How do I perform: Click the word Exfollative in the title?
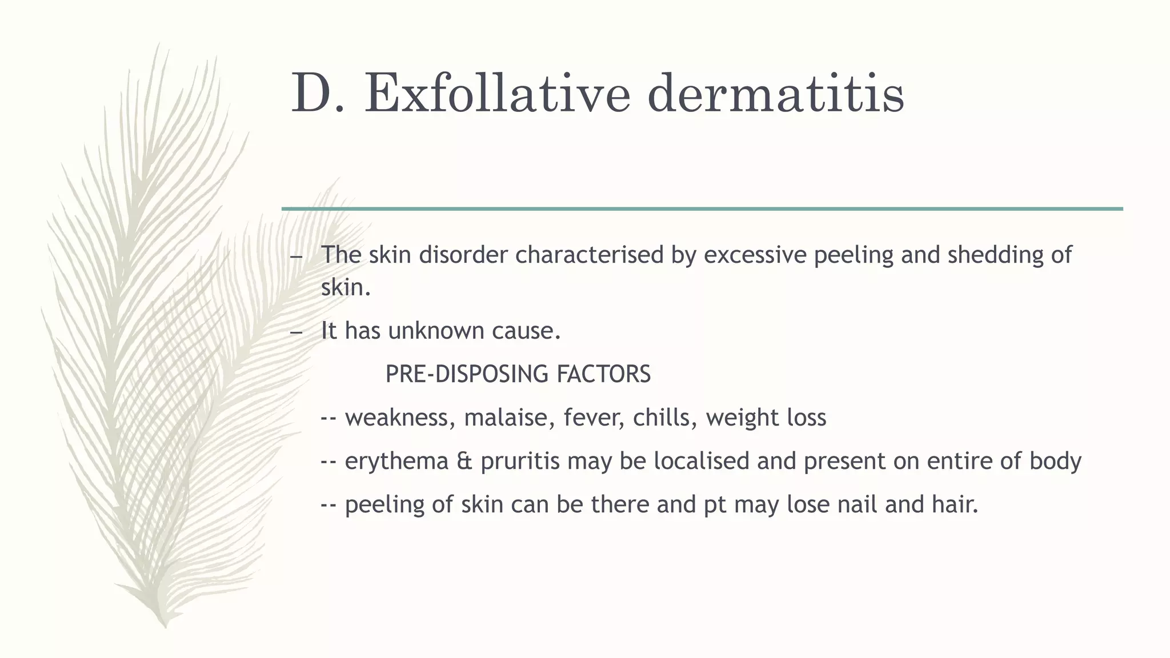[497, 93]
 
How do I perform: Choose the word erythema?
[396, 461]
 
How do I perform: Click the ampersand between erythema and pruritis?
[464, 462]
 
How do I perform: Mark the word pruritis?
[520, 462]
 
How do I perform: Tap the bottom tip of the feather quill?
[165, 625]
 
